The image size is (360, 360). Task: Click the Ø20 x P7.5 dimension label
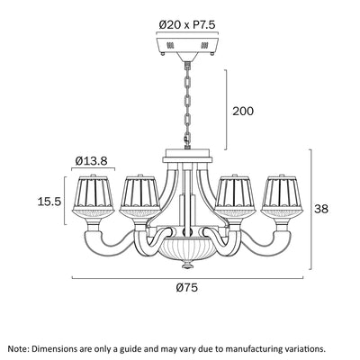(187, 24)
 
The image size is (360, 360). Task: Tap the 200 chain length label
(243, 112)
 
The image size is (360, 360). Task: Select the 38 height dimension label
(321, 209)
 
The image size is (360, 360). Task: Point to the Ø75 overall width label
(187, 288)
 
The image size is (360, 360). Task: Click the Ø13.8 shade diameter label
(91, 161)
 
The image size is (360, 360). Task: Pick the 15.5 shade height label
(49, 202)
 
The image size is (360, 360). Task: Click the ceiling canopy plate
(187, 46)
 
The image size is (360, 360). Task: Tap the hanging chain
(187, 105)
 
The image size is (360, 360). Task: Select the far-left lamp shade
(93, 195)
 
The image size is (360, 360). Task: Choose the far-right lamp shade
(282, 195)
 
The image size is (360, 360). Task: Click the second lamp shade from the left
(140, 195)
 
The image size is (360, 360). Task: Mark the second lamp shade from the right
(235, 195)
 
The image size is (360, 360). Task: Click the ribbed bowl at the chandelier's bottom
(187, 248)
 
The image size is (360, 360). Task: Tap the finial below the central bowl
(187, 265)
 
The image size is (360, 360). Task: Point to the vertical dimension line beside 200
(226, 110)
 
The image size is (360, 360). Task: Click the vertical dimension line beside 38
(311, 210)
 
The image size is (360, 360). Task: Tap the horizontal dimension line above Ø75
(187, 278)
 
